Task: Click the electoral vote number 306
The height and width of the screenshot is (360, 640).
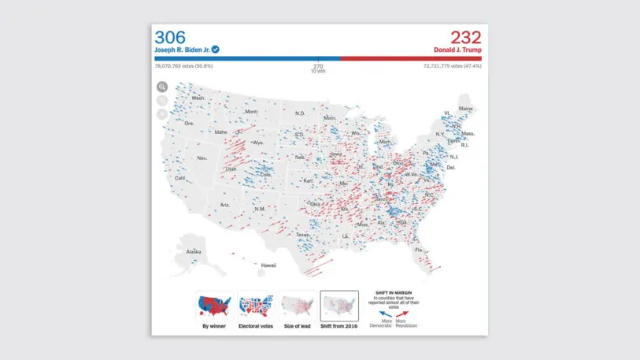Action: (172, 37)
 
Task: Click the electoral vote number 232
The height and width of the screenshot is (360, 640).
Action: (465, 37)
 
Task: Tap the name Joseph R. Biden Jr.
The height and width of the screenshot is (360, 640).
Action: (182, 50)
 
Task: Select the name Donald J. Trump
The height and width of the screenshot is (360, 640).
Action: (457, 50)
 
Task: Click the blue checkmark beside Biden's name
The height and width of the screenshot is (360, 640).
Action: (215, 49)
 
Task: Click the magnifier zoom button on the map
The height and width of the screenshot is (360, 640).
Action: (162, 87)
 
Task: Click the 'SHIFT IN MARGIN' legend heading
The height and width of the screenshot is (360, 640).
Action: (393, 293)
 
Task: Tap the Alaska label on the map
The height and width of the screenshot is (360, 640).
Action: (194, 252)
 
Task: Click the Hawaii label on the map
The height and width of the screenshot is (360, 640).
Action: (268, 265)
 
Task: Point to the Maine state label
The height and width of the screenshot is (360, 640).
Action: (466, 108)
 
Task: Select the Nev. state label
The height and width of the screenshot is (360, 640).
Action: (202, 158)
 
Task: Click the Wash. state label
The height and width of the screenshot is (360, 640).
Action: (198, 98)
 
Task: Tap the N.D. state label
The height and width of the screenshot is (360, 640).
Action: (300, 113)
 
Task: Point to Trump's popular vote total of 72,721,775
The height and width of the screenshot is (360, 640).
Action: (442, 66)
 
